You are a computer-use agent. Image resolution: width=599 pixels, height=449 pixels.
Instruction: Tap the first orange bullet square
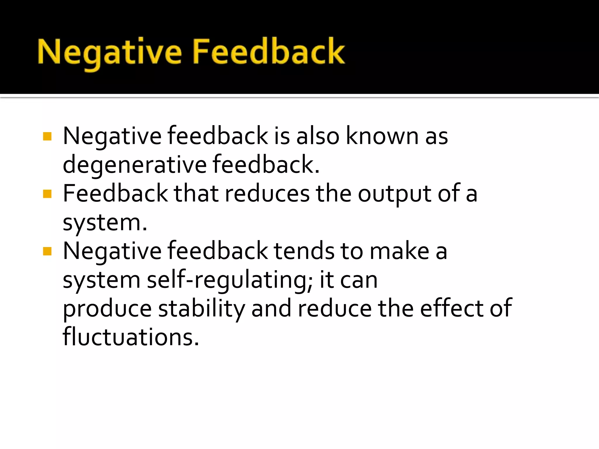[47, 137]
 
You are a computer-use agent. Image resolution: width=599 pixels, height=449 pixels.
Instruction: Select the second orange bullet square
[47, 194]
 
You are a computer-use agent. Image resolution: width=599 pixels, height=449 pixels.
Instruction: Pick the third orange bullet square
[47, 251]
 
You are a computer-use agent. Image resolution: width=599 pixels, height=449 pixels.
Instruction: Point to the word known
[382, 136]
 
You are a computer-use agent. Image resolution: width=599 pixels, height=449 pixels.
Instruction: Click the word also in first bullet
[318, 136]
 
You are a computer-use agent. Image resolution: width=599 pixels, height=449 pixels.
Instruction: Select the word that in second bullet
[196, 194]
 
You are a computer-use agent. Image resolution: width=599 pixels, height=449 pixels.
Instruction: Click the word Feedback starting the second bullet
[116, 194]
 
